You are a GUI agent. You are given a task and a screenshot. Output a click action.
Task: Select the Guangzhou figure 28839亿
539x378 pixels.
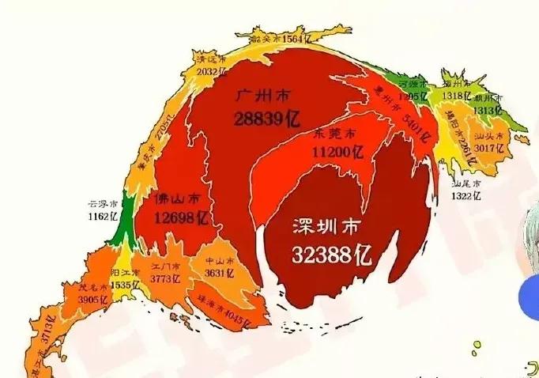point(267,119)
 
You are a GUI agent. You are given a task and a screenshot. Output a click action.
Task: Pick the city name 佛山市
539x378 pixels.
point(177,197)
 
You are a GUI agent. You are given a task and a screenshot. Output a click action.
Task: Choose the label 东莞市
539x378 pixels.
point(335,133)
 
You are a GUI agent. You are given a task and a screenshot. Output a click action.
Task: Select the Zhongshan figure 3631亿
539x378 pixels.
point(219,274)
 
